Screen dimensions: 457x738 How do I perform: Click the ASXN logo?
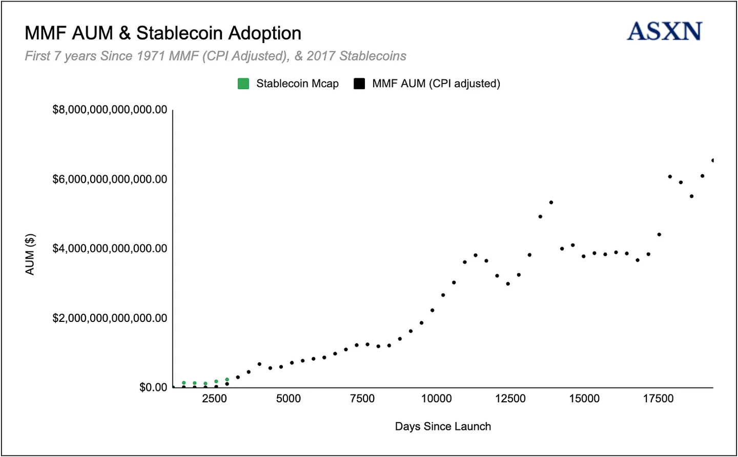(x=664, y=31)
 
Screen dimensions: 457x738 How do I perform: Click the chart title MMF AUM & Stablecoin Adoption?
(x=163, y=33)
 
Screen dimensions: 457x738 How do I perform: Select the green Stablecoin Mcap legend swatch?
(x=243, y=84)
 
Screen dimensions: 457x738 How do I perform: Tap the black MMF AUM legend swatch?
(x=359, y=84)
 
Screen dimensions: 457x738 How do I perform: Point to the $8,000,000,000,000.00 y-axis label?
(x=110, y=110)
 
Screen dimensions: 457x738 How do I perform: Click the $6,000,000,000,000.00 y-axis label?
(x=110, y=180)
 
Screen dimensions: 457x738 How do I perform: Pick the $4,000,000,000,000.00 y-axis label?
(x=110, y=249)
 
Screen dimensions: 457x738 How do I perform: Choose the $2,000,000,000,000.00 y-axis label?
(x=110, y=318)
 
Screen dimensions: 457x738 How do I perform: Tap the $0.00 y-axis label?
(x=153, y=387)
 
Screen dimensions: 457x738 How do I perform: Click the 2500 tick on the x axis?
(x=214, y=399)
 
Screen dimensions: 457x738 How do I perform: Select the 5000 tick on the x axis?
(x=289, y=399)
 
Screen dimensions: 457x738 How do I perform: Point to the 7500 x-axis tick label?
(x=362, y=399)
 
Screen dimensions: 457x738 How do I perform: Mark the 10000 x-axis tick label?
(x=436, y=399)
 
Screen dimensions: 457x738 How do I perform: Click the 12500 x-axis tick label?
(x=510, y=399)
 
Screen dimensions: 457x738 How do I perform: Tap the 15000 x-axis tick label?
(x=584, y=399)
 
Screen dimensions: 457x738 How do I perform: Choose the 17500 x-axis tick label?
(x=659, y=399)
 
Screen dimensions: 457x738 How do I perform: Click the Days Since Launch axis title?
(x=443, y=427)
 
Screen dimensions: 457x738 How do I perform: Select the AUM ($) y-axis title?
(x=30, y=254)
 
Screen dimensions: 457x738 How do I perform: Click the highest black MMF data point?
(x=712, y=161)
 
